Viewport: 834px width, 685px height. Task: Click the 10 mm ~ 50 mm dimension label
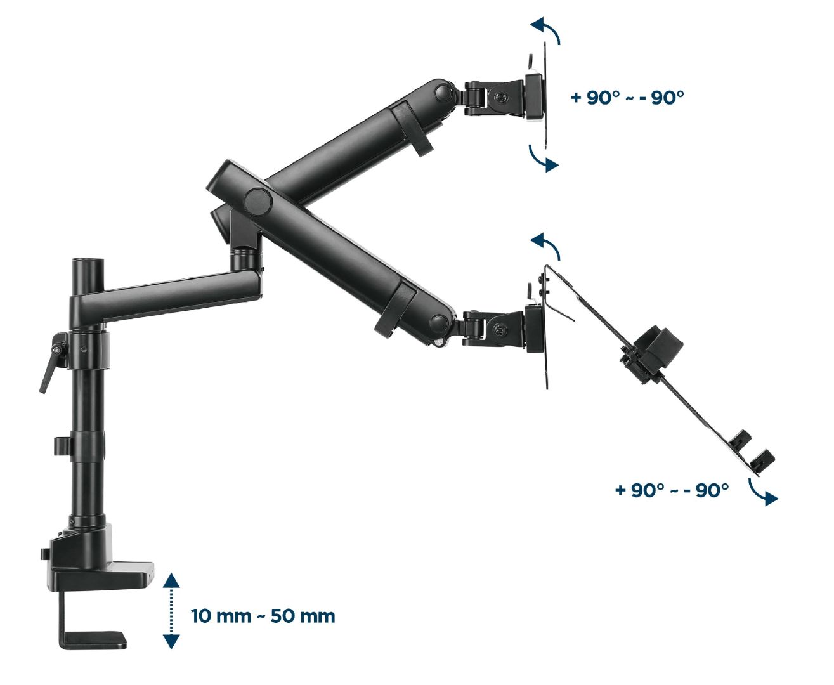coord(263,616)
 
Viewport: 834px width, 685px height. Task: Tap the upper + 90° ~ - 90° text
coord(627,98)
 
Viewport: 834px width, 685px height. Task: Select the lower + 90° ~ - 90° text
coord(671,490)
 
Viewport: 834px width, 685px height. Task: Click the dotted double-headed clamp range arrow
coord(171,611)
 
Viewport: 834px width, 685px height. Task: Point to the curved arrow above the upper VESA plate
coord(546,30)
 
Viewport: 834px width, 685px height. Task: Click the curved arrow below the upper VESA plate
coord(544,158)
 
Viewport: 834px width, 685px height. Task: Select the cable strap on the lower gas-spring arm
coord(395,309)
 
